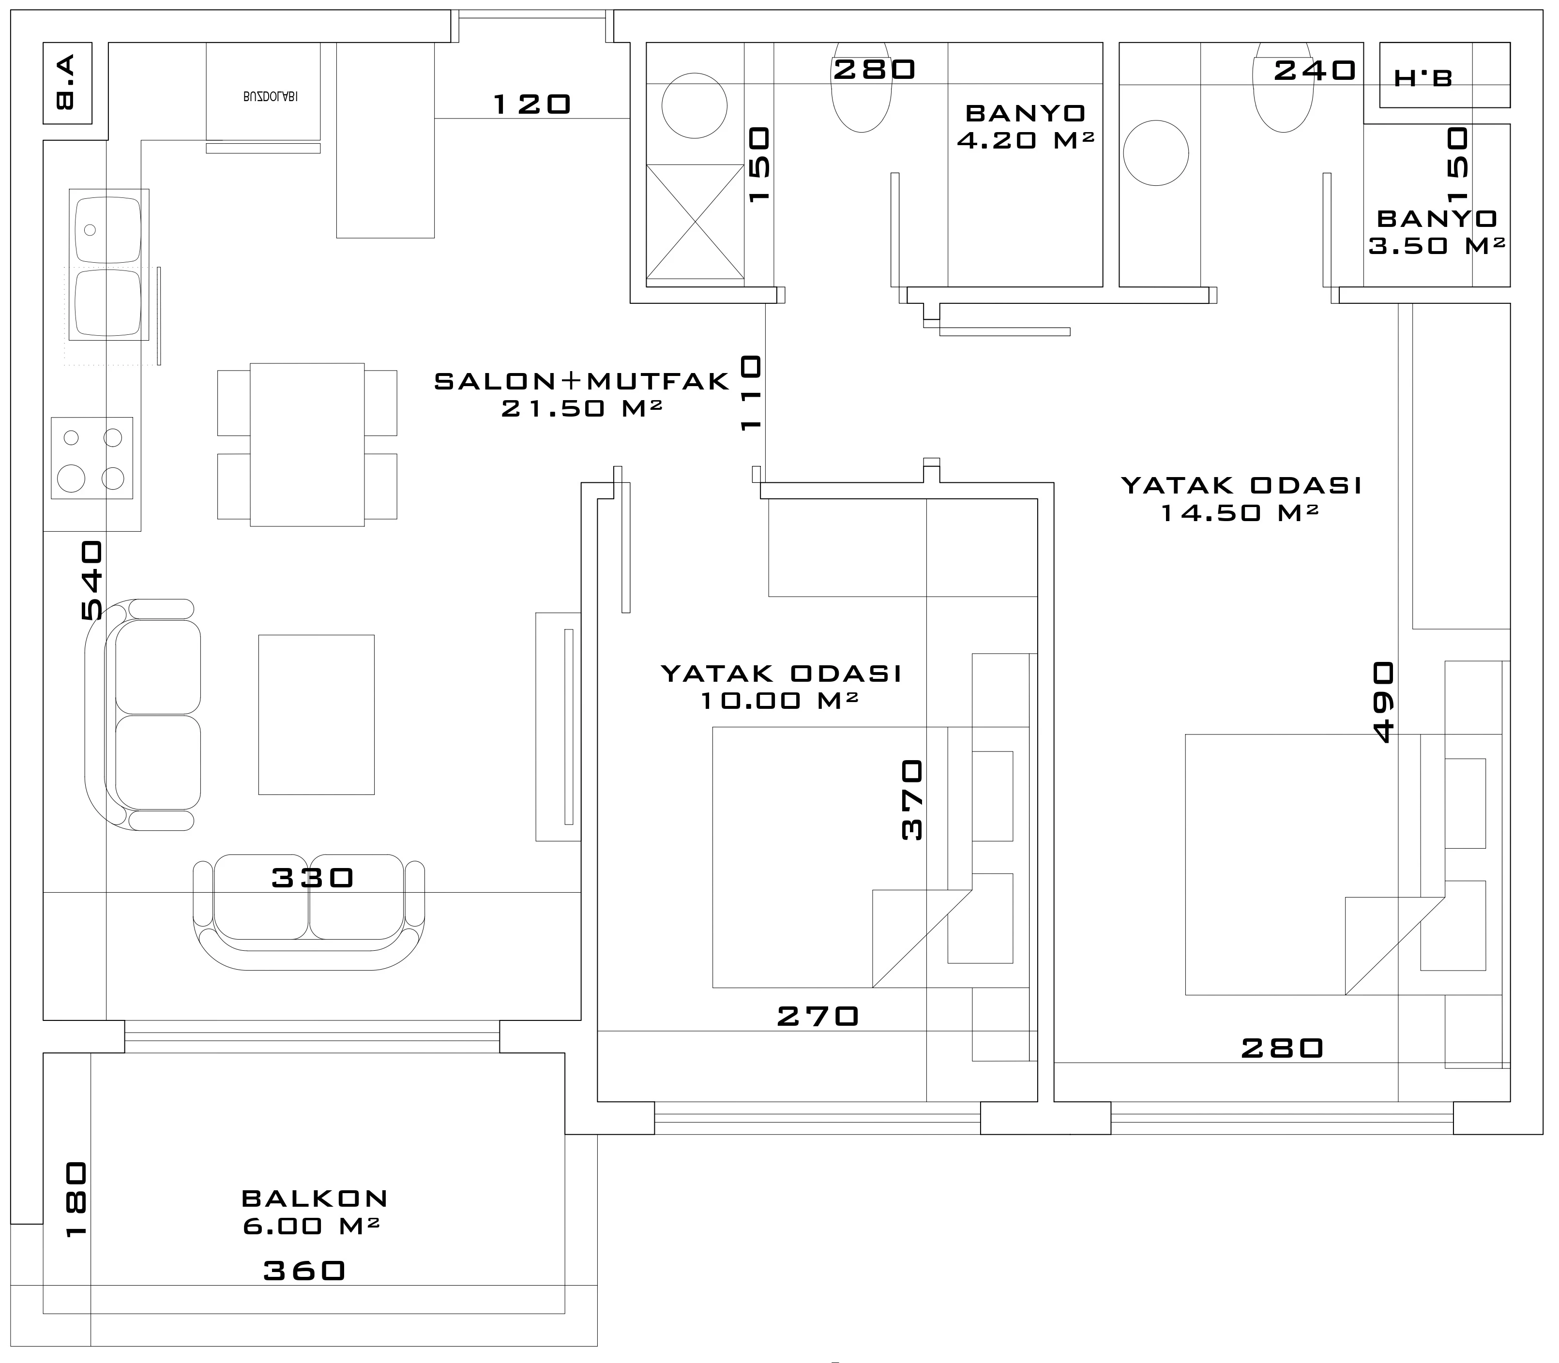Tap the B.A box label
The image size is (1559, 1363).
(66, 82)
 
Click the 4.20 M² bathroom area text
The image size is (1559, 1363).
(1025, 140)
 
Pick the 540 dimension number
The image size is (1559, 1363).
(91, 580)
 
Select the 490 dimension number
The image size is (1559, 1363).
(1383, 701)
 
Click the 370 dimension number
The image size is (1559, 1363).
(911, 799)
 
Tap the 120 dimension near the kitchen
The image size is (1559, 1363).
(532, 104)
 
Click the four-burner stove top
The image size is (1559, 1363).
(92, 458)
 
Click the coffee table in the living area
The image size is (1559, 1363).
(317, 715)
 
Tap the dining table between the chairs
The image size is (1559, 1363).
(307, 445)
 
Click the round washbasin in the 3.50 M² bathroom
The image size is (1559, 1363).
(1156, 153)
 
